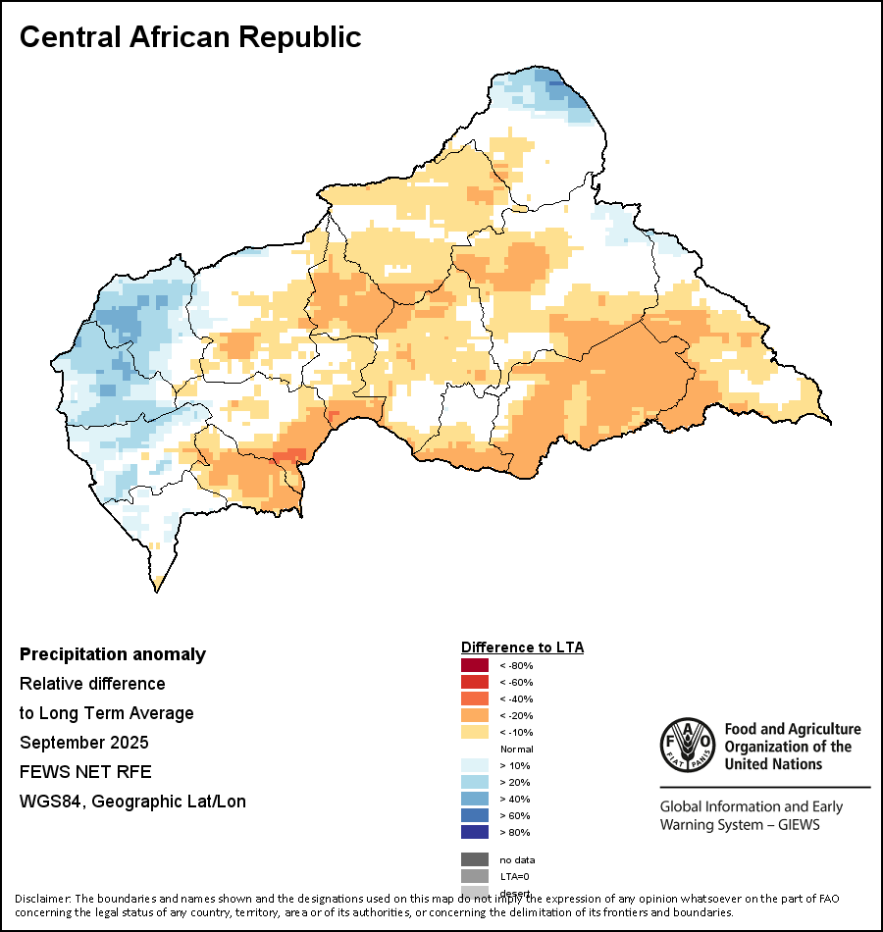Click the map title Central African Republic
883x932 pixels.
point(190,37)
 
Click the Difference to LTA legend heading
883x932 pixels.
point(522,647)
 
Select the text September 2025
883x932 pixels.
point(84,743)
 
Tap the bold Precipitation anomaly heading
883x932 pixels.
point(113,654)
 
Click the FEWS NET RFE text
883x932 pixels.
point(85,772)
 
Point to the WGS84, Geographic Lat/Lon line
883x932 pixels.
point(132,802)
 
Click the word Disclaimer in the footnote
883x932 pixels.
point(42,899)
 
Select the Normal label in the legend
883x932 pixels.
point(516,750)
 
